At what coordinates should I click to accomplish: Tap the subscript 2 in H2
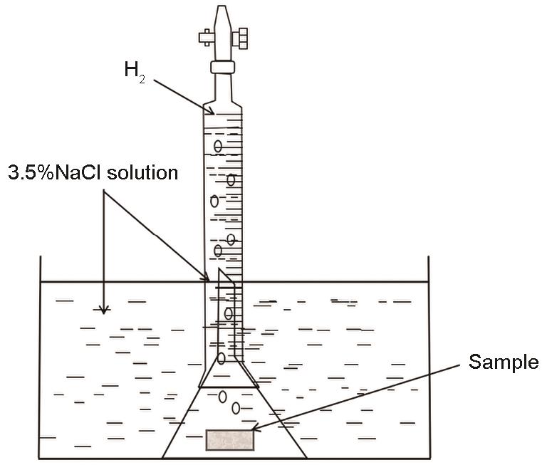tap(142, 80)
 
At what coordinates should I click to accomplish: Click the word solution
tap(142, 172)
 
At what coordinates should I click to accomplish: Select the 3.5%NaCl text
tap(56, 172)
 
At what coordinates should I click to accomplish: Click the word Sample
tap(504, 362)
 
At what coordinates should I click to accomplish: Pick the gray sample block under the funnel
tap(230, 440)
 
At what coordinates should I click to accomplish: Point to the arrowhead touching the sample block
tap(256, 428)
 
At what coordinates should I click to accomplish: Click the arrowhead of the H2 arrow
tap(211, 111)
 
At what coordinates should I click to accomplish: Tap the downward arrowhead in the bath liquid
tap(103, 310)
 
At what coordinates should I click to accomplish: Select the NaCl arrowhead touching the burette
tap(207, 278)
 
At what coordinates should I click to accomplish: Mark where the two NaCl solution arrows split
tap(103, 191)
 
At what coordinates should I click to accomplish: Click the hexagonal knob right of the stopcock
tap(240, 38)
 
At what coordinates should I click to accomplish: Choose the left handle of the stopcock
tap(206, 37)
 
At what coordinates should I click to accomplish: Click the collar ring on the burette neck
tap(222, 67)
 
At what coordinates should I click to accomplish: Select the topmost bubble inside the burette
tap(218, 146)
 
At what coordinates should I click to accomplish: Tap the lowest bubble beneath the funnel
tap(236, 408)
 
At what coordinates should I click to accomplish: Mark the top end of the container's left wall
tap(41, 256)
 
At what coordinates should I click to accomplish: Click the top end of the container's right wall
tap(428, 256)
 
